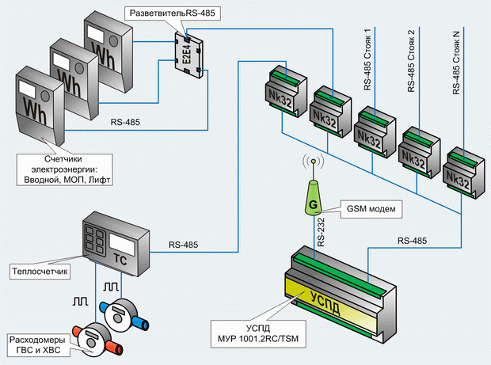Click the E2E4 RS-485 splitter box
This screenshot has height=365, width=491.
(188, 55)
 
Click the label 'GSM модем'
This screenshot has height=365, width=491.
(371, 209)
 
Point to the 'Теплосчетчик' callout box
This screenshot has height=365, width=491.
(40, 271)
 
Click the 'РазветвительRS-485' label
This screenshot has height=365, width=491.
(172, 13)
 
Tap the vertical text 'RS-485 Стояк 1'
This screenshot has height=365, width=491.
(367, 59)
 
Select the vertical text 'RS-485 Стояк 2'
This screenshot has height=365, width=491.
(411, 61)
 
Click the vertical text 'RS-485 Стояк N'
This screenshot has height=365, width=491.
(456, 63)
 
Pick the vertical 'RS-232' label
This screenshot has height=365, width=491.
(321, 232)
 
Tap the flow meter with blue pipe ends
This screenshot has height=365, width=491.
(124, 314)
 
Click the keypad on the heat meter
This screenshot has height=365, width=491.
(94, 240)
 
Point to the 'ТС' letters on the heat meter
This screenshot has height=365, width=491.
(120, 260)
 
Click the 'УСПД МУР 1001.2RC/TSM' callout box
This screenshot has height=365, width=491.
(258, 333)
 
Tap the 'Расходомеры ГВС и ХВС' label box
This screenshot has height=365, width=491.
(37, 345)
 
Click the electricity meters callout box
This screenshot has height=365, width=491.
(65, 169)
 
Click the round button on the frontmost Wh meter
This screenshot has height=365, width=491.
(45, 96)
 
